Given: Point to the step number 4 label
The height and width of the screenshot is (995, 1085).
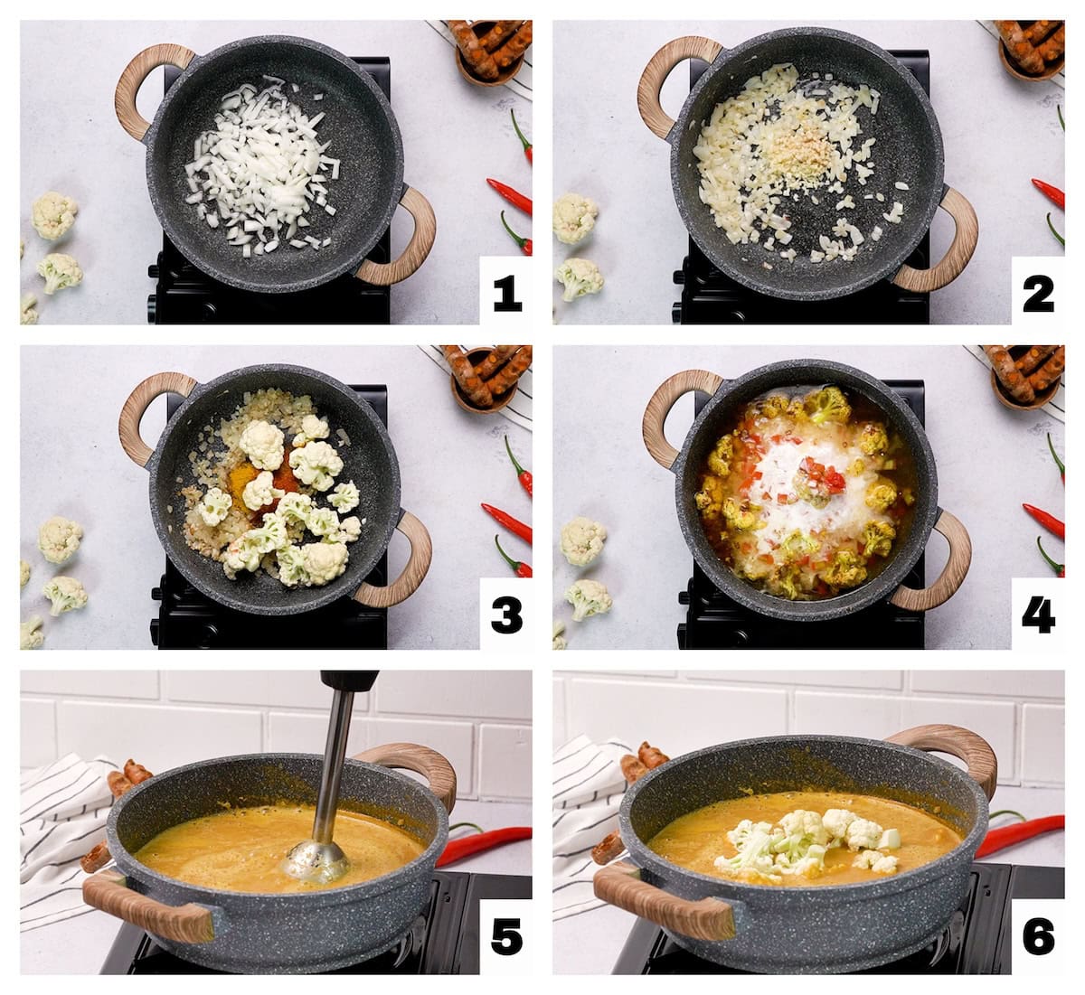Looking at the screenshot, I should [x=1038, y=615].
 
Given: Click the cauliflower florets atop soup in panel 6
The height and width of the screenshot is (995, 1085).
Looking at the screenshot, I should [x=814, y=840].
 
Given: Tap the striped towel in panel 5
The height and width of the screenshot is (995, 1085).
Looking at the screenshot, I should [x=63, y=822].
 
